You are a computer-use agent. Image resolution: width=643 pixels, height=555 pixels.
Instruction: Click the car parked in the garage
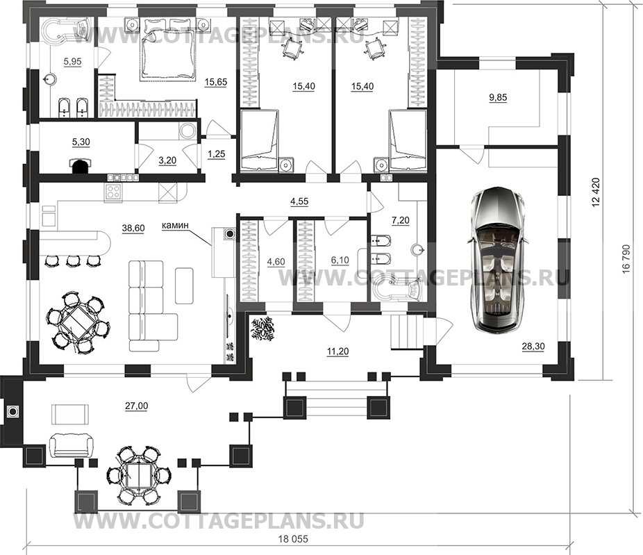[497, 258]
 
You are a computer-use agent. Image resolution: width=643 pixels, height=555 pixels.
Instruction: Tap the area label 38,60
[133, 228]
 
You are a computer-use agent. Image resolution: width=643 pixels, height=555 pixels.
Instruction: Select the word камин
[175, 225]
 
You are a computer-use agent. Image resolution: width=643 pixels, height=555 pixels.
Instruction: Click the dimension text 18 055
[293, 540]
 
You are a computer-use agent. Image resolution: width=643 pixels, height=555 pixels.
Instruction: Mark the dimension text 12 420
[596, 192]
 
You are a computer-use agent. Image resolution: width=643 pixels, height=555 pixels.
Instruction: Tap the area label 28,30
[533, 347]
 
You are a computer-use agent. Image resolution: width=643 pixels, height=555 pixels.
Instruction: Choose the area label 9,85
[498, 98]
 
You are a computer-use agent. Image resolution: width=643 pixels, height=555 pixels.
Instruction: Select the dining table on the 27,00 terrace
[139, 474]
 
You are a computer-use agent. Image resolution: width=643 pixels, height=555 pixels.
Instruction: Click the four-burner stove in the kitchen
[114, 192]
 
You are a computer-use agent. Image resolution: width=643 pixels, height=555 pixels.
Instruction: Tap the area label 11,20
[338, 351]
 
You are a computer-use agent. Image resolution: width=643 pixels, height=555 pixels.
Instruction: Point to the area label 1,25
[216, 154]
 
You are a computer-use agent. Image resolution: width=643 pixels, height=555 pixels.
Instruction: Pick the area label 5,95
[72, 62]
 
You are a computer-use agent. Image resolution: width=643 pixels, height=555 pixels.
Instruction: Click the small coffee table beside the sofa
[184, 285]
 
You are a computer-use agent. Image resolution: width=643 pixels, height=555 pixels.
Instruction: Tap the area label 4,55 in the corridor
[299, 201]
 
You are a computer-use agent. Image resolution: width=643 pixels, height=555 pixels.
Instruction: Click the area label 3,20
[167, 160]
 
